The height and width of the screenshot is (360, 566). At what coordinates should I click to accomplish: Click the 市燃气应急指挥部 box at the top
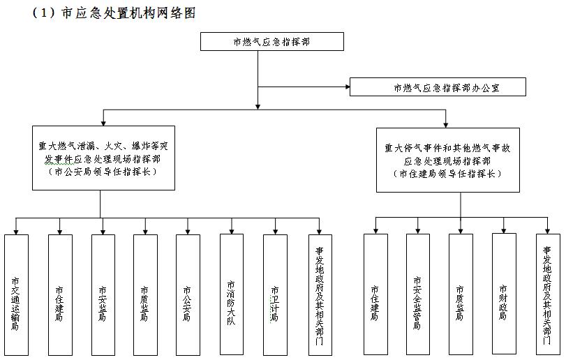click(x=272, y=42)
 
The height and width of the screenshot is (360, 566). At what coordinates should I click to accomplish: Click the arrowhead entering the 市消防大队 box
click(x=232, y=230)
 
